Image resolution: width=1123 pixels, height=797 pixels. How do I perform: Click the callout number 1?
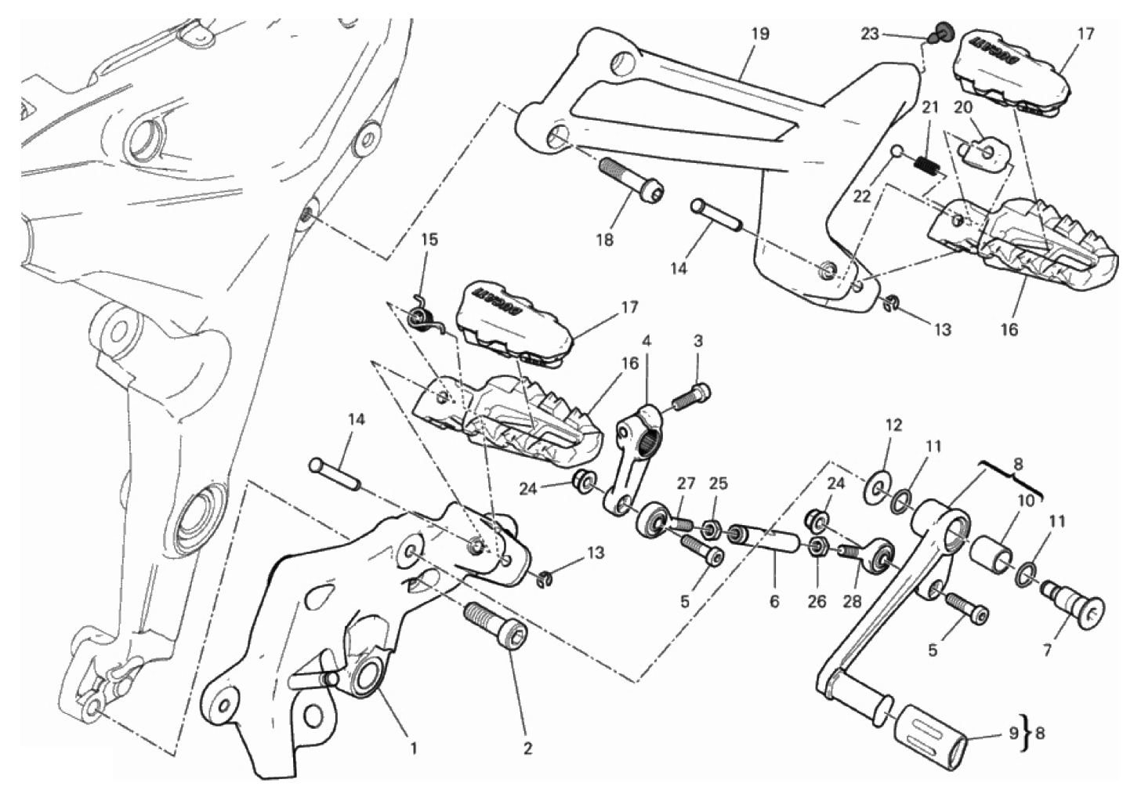(413, 748)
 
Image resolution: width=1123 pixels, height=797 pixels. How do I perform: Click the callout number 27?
(686, 483)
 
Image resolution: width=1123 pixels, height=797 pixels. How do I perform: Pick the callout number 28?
(851, 601)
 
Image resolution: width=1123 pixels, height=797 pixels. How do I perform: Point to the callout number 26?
(817, 601)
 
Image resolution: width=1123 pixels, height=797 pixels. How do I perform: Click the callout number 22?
(862, 197)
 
